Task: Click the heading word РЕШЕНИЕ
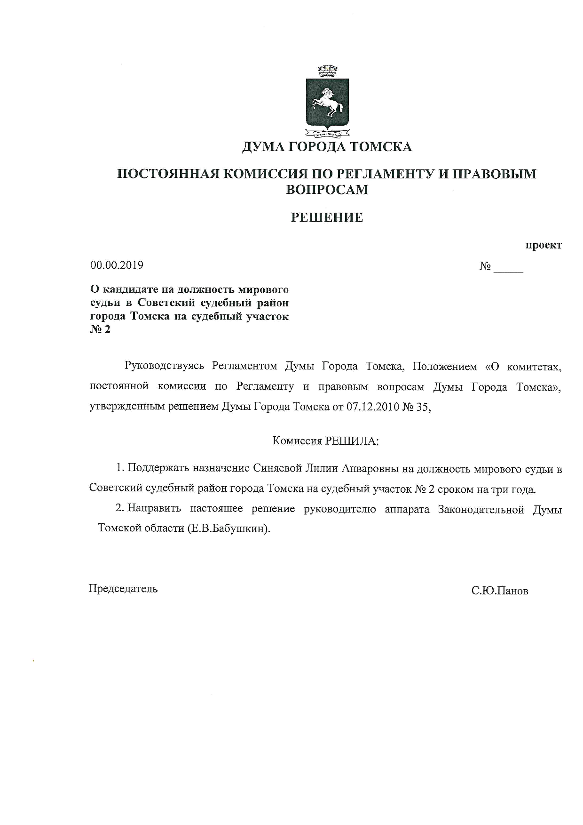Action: tap(327, 217)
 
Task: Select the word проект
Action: tap(544, 245)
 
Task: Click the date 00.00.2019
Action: tap(117, 265)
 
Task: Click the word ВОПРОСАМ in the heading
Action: tap(327, 190)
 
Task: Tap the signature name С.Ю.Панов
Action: tap(500, 591)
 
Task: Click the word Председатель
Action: tap(123, 588)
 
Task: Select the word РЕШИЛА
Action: tap(350, 441)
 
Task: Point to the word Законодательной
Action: tap(481, 509)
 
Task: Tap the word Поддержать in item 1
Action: tap(155, 469)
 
